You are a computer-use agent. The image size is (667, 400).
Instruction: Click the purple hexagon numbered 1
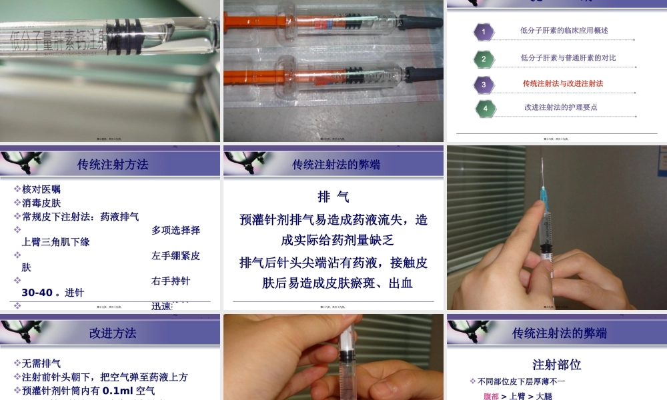pyautogui.click(x=484, y=32)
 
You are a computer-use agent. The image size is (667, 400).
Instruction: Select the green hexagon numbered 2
pyautogui.click(x=484, y=59)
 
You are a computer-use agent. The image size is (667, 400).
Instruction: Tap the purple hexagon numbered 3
pyautogui.click(x=484, y=85)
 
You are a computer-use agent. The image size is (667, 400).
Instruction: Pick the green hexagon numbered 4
pyautogui.click(x=486, y=108)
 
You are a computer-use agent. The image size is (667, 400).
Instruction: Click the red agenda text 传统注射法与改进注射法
pyautogui.click(x=563, y=83)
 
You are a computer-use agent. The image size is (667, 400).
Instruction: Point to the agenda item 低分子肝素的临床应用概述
pyautogui.click(x=564, y=31)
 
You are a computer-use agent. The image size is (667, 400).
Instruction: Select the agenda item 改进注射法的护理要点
pyautogui.click(x=561, y=107)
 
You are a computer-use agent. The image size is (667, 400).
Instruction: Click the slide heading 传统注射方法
pyautogui.click(x=113, y=164)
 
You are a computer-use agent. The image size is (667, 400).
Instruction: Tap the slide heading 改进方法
pyautogui.click(x=113, y=333)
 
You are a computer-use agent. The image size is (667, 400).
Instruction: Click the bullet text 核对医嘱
pyautogui.click(x=41, y=189)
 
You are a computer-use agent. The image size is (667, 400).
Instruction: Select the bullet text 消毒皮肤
pyautogui.click(x=41, y=203)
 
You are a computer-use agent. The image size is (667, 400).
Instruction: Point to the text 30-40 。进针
pyautogui.click(x=53, y=293)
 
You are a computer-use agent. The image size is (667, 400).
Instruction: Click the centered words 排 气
pyautogui.click(x=333, y=197)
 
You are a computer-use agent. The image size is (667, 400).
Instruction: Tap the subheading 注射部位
pyautogui.click(x=557, y=365)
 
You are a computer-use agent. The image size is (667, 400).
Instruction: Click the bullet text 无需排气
pyautogui.click(x=41, y=363)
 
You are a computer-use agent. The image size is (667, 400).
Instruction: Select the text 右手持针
pyautogui.click(x=171, y=281)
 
